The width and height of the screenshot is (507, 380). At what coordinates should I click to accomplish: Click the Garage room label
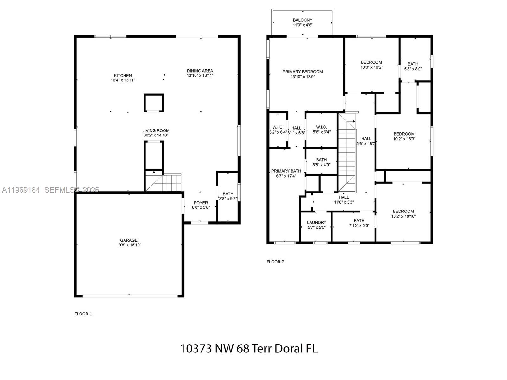click(129, 240)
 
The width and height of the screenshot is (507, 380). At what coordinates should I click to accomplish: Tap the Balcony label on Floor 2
click(302, 20)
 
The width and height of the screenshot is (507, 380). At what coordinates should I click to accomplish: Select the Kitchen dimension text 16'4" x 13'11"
click(123, 80)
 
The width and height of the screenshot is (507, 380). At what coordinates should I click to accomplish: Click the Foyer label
click(201, 203)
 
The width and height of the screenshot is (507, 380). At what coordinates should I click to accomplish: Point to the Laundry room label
click(317, 222)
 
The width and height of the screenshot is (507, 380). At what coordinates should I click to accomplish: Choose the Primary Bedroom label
click(303, 72)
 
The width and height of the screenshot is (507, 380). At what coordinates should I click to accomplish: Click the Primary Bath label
click(286, 171)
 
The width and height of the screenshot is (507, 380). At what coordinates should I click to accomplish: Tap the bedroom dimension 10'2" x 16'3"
click(404, 139)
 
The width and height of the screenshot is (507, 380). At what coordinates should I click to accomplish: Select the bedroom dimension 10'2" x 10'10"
click(403, 216)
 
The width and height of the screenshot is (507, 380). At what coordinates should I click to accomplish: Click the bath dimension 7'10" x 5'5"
click(359, 226)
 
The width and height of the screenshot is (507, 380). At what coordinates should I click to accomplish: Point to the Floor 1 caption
click(83, 314)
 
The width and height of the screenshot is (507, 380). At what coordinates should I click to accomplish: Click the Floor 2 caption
click(275, 262)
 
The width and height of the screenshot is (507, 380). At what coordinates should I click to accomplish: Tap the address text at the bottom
click(249, 349)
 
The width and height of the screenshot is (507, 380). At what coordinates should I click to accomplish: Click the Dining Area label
click(200, 71)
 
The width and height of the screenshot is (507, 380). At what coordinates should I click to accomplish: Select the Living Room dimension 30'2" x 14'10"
click(156, 135)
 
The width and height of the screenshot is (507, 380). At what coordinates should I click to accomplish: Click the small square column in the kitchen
click(154, 103)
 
